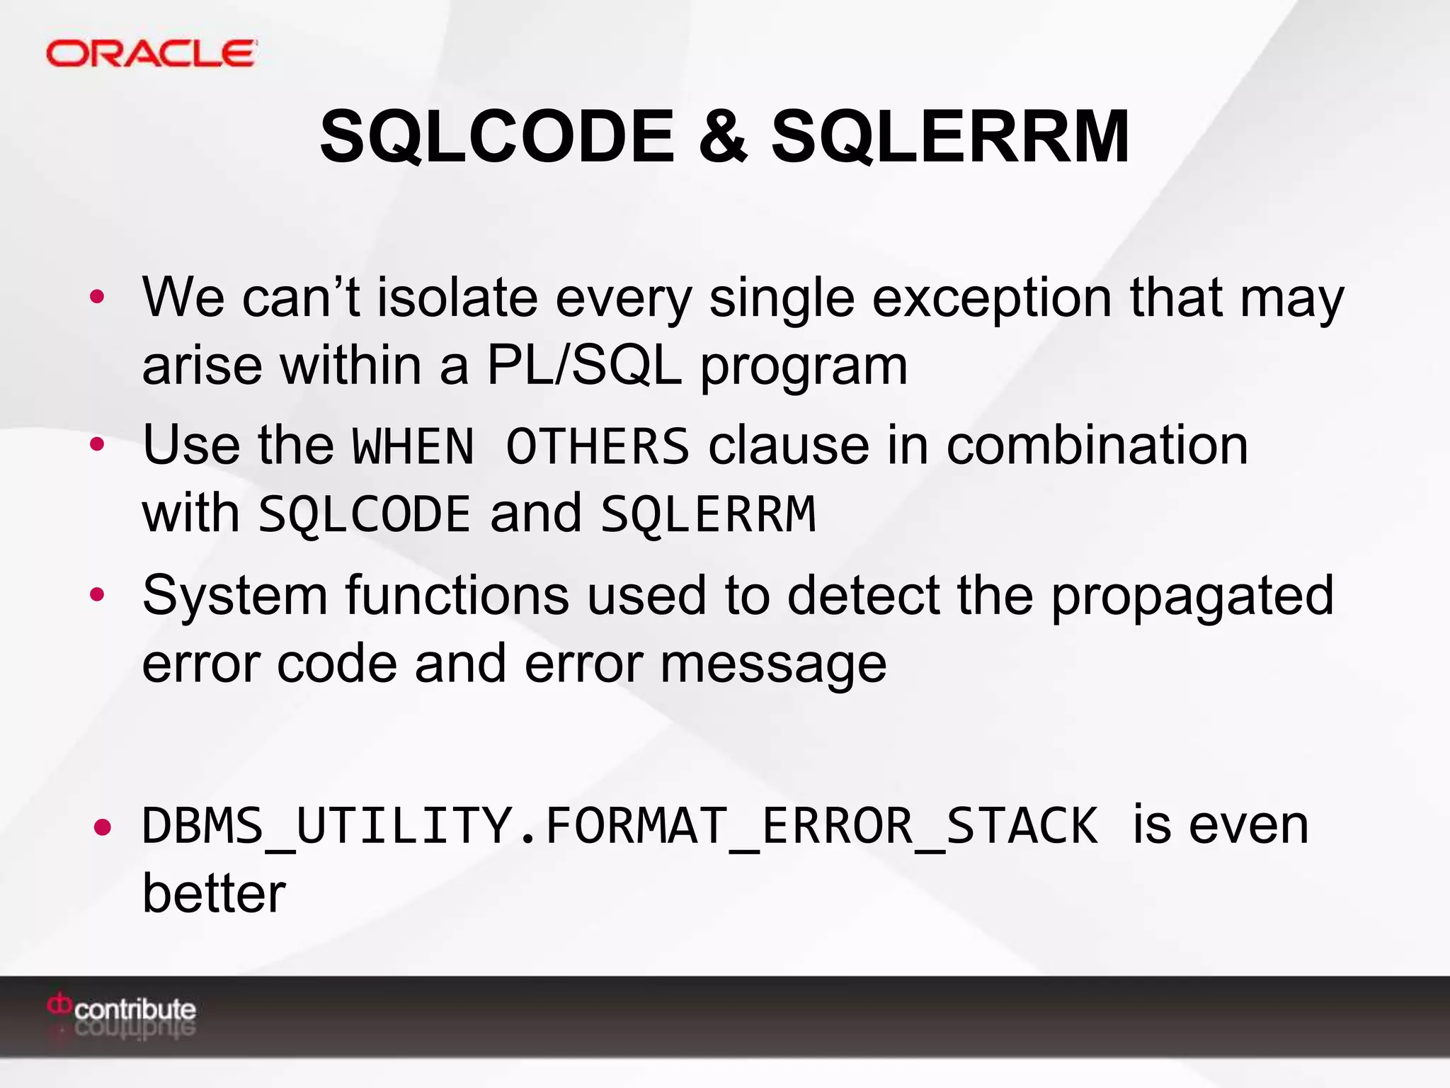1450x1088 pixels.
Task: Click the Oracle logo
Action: coord(151,54)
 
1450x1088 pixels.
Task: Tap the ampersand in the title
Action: coord(723,136)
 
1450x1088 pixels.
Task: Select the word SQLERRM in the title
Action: coord(950,136)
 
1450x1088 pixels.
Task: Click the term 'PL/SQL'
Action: coord(584,365)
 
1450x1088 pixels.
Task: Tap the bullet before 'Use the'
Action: coord(97,445)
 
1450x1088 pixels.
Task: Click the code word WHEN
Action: coord(413,447)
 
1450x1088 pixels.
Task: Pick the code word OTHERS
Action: coord(598,447)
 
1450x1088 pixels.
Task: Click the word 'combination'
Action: coord(1097,446)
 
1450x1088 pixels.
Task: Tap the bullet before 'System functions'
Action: coord(97,594)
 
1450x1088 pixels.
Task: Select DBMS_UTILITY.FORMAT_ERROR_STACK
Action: coord(620,827)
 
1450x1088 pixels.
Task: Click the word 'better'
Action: coord(214,893)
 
